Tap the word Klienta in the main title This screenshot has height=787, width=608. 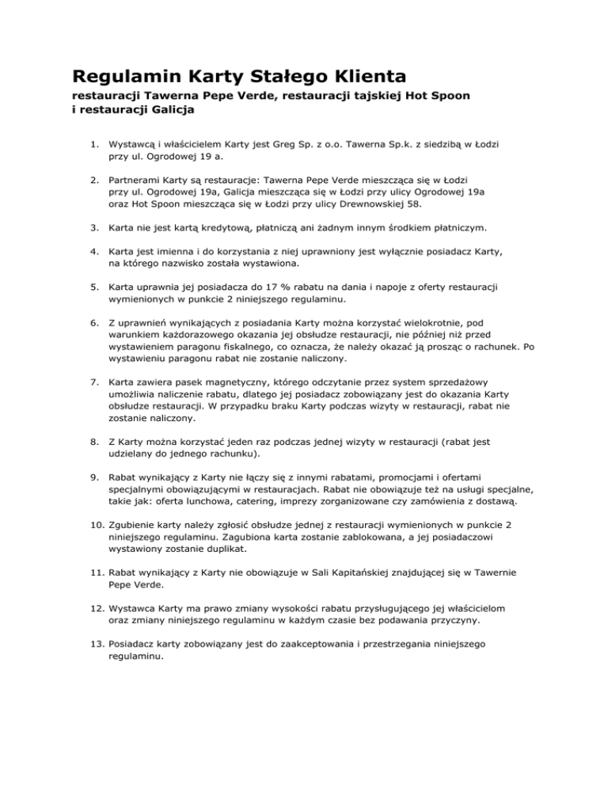click(x=363, y=77)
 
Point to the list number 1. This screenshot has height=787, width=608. click(x=93, y=146)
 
